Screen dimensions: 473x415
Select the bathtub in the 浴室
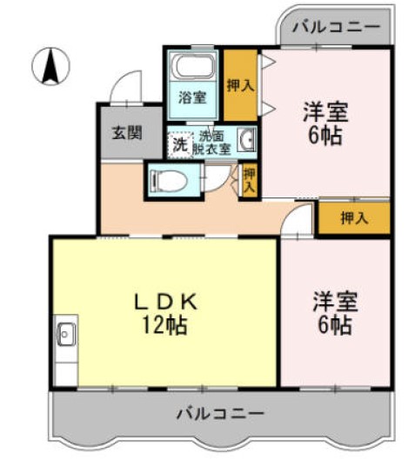[x=193, y=67]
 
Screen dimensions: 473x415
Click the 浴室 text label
[x=192, y=97]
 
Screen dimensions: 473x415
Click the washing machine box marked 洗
[x=178, y=144]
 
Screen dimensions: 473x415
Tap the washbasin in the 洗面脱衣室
[x=246, y=140]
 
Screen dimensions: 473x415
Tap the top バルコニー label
[x=335, y=28]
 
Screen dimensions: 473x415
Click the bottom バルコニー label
[x=219, y=411]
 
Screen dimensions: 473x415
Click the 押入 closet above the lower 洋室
[x=353, y=217]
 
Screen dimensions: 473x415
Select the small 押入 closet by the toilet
[x=249, y=181]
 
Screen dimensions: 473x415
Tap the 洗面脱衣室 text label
[x=212, y=142]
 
